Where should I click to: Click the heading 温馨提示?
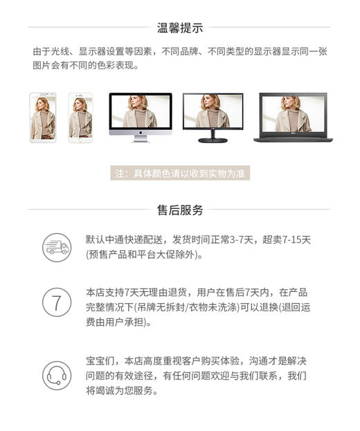[179, 28]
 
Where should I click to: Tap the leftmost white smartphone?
[43, 118]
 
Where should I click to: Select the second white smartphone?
[80, 118]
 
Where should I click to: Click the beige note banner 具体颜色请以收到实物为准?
[179, 173]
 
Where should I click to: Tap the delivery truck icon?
[57, 247]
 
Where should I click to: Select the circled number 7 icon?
[57, 302]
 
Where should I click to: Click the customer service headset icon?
[57, 376]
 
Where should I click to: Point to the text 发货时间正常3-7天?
[211, 240]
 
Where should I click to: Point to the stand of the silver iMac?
[140, 138]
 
